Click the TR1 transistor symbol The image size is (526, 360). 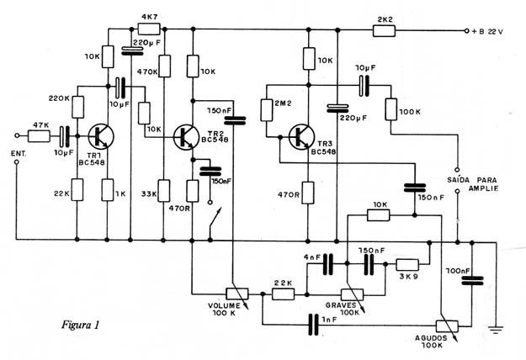point(101,137)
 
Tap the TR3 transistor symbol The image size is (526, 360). point(301,137)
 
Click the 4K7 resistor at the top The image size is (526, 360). point(149,29)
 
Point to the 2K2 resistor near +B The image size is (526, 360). point(384,31)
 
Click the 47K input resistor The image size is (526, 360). point(39,136)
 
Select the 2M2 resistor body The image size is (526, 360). point(267,109)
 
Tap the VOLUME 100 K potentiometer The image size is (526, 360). point(237,294)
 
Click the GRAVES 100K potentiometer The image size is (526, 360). point(353,295)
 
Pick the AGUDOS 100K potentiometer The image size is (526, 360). point(447,326)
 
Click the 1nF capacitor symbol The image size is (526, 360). point(314,325)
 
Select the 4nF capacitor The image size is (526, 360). point(328,264)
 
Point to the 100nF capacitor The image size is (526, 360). point(472,281)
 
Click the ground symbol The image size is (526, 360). point(497,330)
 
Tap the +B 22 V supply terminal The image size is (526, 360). point(466,31)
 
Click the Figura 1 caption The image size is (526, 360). point(81,325)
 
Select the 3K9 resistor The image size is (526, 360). point(407,265)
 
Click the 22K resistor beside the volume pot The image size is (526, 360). point(284,294)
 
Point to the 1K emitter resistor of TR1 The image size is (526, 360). point(108,190)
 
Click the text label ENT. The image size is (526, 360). point(19,154)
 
